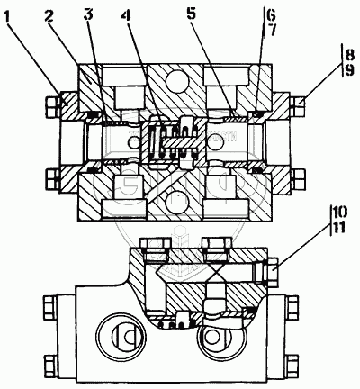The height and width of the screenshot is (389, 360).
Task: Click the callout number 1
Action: point(9,15)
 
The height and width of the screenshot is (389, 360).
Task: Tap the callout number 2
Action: point(49,16)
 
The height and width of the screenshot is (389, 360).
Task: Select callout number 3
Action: point(87,15)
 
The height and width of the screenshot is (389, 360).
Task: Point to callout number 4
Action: point(126,16)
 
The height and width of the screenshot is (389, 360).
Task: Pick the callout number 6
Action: point(271,14)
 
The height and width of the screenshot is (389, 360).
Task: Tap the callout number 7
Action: point(271,30)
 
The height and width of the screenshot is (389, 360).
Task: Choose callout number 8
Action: point(348,55)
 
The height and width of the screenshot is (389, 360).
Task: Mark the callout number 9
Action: point(348,71)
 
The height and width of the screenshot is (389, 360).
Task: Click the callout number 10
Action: point(339,213)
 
